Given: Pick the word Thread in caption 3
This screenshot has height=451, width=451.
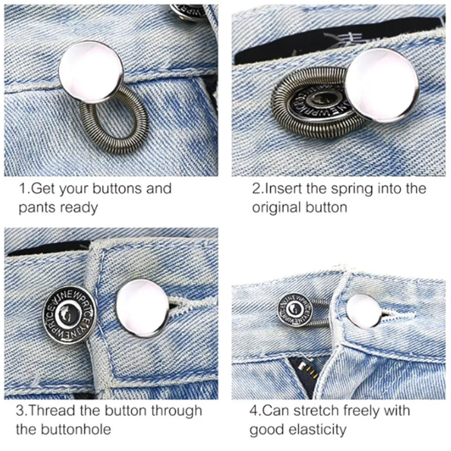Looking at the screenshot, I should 50,410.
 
